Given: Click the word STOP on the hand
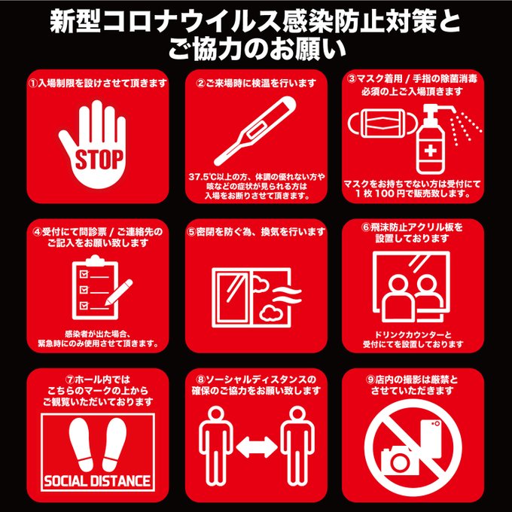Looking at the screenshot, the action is click(x=99, y=160).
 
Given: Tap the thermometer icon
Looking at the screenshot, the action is click(x=254, y=131).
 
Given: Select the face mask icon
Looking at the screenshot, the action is click(x=382, y=123).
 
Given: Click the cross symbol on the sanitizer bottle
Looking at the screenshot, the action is click(x=431, y=151).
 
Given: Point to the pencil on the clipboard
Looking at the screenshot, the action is click(x=118, y=292).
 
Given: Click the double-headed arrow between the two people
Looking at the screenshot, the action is click(x=257, y=447).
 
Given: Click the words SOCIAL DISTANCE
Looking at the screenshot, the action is click(x=97, y=481).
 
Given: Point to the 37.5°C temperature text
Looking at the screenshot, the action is click(x=200, y=177).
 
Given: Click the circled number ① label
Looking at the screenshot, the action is click(x=32, y=84).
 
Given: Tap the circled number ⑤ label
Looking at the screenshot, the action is click(x=191, y=232).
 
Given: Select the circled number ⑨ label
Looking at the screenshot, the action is click(x=370, y=379).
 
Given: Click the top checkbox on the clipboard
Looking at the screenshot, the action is click(x=84, y=273).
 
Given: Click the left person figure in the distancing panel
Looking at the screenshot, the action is click(x=215, y=446).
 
